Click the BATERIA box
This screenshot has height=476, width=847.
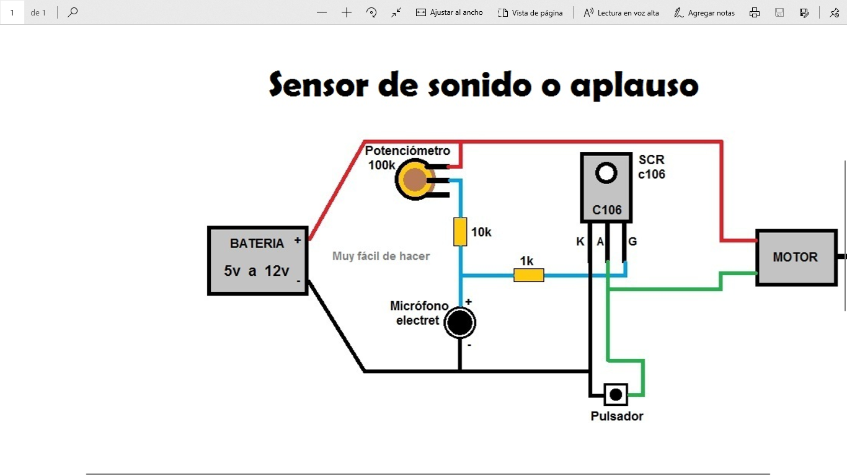click(x=257, y=260)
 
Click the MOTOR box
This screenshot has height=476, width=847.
click(x=795, y=257)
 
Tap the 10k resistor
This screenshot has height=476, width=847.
click(x=460, y=232)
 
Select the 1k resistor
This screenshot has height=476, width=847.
click(x=529, y=275)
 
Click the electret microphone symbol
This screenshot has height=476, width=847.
click(x=459, y=322)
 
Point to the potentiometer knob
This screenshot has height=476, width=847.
click(x=413, y=180)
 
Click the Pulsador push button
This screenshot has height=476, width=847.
click(x=616, y=394)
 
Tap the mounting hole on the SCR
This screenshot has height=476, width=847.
click(x=606, y=174)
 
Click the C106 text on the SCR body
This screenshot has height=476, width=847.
click(x=606, y=210)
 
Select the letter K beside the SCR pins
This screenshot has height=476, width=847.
click(x=580, y=242)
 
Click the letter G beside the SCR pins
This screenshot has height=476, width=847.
click(x=632, y=242)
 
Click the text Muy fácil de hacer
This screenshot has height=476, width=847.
click(x=381, y=256)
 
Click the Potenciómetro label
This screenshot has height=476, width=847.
click(x=407, y=151)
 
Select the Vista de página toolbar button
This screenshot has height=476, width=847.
click(x=530, y=12)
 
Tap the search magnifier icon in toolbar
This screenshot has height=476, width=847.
click(x=73, y=12)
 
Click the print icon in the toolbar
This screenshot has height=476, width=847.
click(x=755, y=12)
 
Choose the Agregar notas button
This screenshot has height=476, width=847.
click(x=704, y=12)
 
